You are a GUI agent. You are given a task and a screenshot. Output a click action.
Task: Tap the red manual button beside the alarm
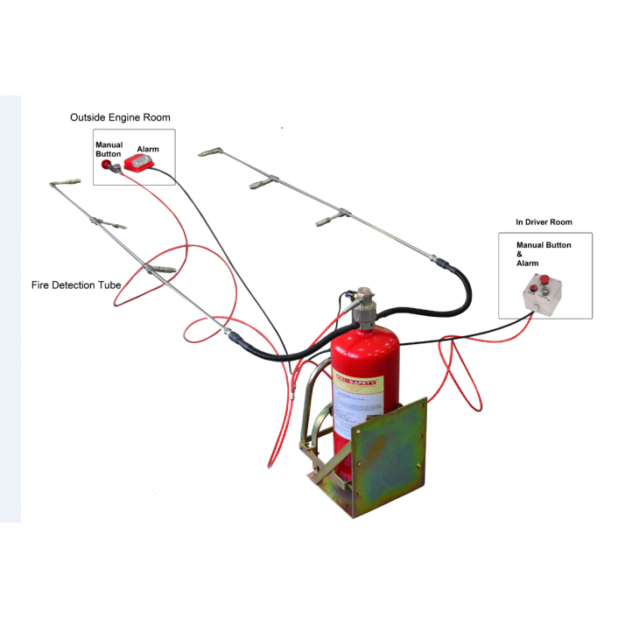pyautogui.click(x=109, y=164)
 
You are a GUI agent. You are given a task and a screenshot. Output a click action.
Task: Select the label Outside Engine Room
pyautogui.click(x=120, y=117)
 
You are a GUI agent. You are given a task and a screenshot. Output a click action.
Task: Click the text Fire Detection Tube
pyautogui.click(x=74, y=285)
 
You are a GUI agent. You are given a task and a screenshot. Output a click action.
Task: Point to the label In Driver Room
pyautogui.click(x=544, y=222)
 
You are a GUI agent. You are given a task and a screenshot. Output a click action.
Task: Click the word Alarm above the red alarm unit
pyautogui.click(x=148, y=150)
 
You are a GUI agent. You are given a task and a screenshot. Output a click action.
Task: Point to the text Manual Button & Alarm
pyautogui.click(x=544, y=254)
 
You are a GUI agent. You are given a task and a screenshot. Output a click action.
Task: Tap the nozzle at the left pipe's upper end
pyautogui.click(x=60, y=184)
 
